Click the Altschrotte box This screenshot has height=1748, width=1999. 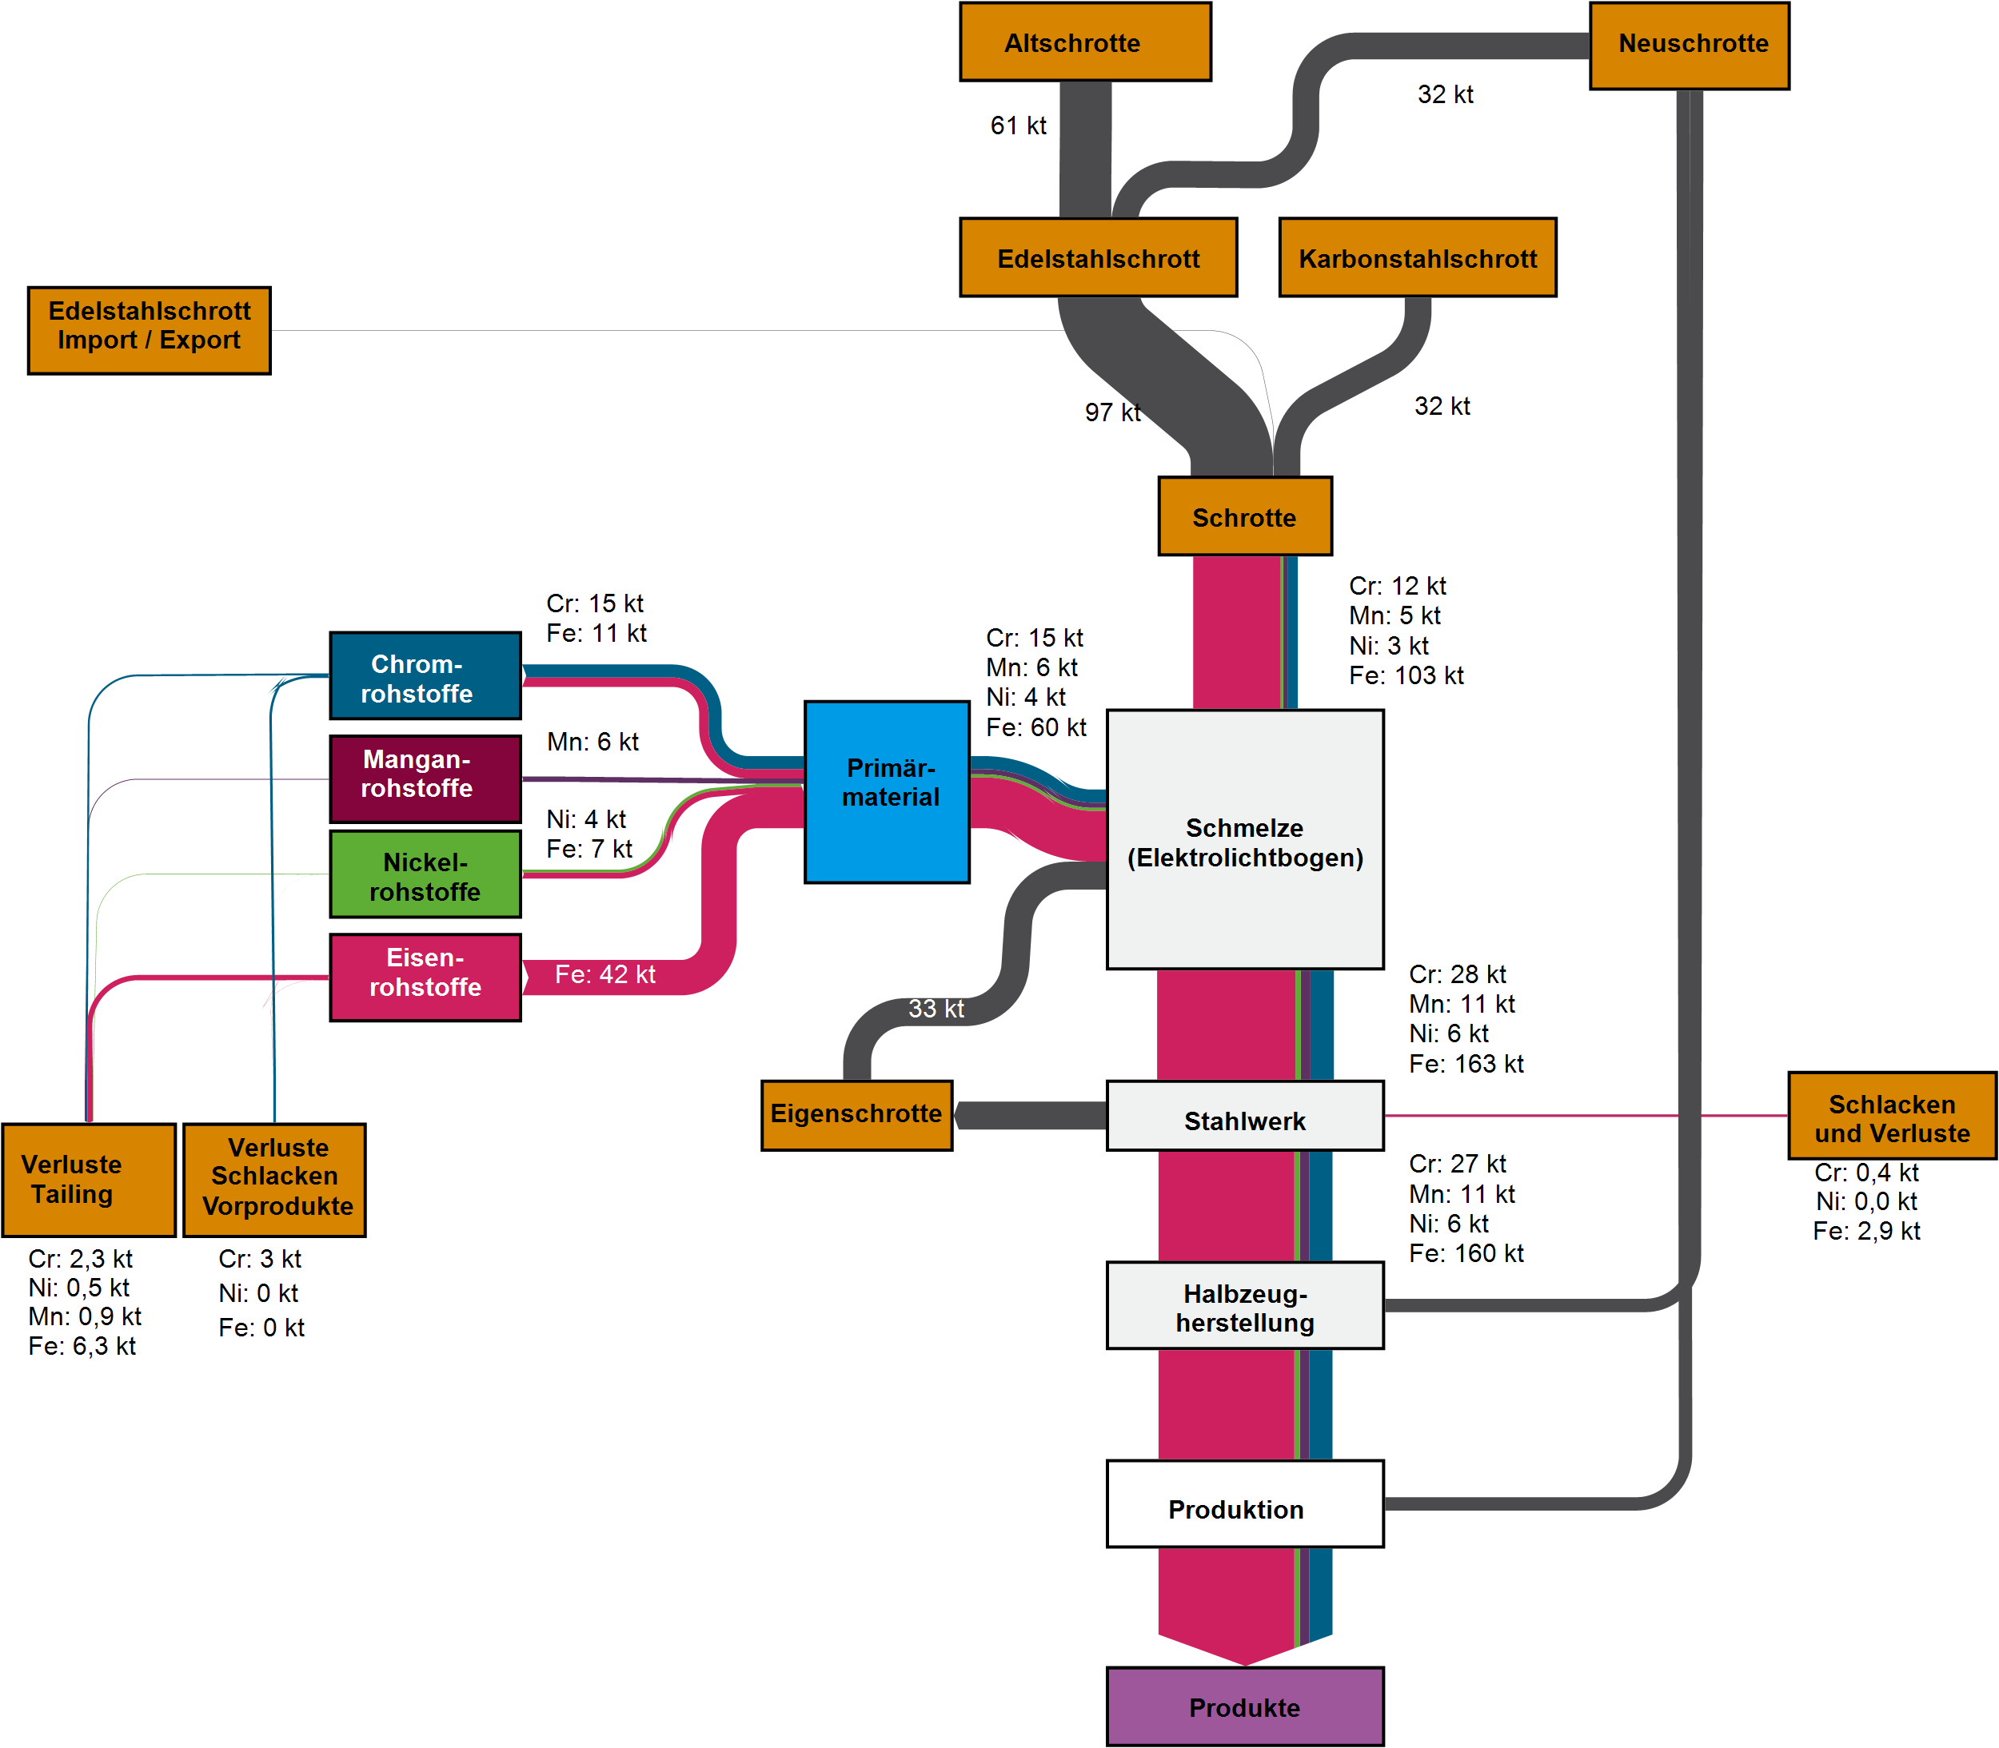1085,42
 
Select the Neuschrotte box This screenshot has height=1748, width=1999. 1689,45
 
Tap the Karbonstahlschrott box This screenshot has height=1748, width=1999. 1417,257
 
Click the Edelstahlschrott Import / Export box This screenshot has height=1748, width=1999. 150,330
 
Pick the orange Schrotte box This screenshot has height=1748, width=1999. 1244,516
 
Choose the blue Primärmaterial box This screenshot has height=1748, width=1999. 887,791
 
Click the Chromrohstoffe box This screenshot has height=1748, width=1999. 425,676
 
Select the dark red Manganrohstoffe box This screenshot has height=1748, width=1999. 425,778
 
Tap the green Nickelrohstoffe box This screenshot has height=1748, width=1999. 425,874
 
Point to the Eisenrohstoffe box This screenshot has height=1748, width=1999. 425,977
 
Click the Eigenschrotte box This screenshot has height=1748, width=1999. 856,1114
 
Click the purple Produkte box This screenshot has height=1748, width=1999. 1244,1706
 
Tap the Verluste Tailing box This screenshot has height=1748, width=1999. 89,1179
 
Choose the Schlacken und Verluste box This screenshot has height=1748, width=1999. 1891,1116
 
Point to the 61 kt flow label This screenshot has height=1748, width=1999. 1018,125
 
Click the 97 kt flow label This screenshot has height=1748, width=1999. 1112,412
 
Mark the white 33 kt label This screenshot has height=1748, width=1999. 936,1009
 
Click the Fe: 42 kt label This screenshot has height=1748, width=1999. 604,974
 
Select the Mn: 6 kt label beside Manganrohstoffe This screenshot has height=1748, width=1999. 593,743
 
